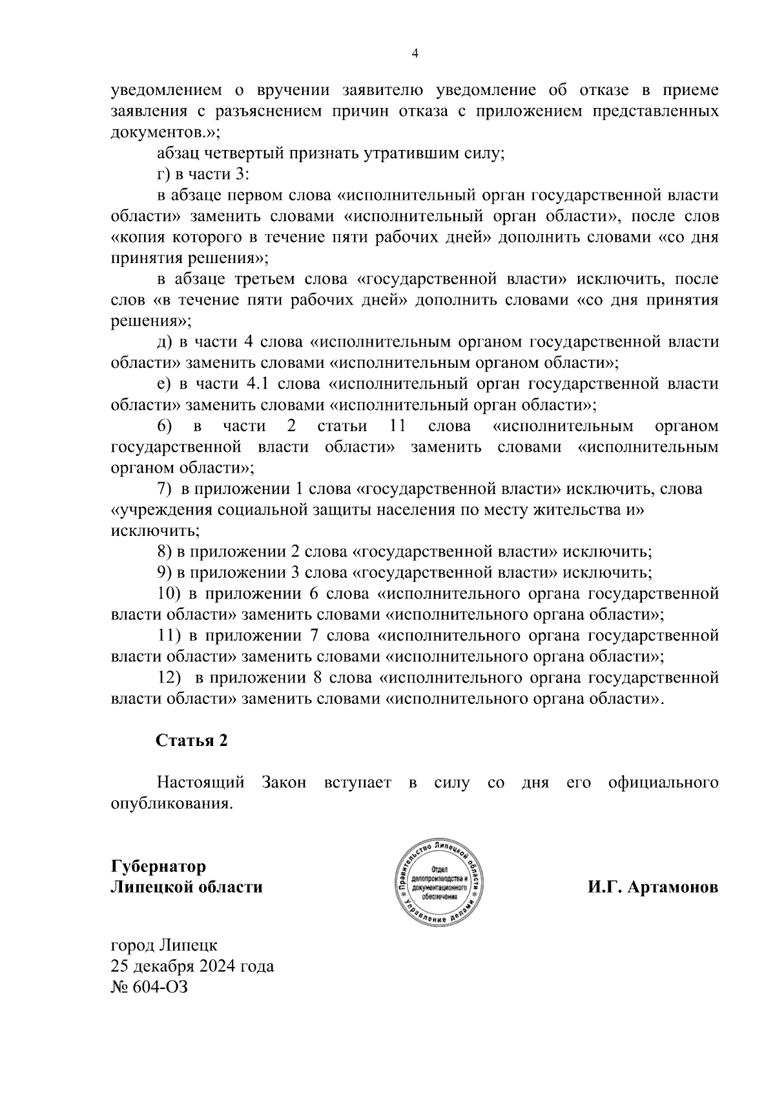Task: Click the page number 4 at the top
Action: (415, 54)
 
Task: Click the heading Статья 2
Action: (191, 740)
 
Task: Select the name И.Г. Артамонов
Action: (652, 887)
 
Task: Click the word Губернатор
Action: (158, 866)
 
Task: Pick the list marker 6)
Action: (165, 426)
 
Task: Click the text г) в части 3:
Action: (203, 175)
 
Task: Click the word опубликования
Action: (171, 804)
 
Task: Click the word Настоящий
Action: (200, 783)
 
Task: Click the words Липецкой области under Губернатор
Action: (187, 887)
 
